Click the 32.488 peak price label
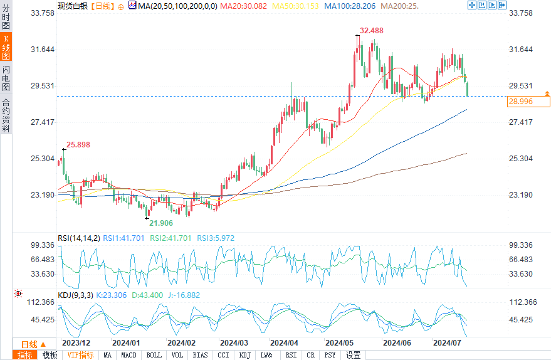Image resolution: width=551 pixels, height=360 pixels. [x=372, y=30]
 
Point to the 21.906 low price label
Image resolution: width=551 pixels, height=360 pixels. [x=160, y=223]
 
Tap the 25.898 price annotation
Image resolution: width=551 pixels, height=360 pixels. [x=78, y=144]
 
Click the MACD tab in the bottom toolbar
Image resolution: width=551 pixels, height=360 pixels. [x=129, y=355]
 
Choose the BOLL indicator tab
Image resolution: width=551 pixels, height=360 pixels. [x=154, y=355]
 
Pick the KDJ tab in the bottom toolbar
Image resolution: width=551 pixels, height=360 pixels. [x=244, y=355]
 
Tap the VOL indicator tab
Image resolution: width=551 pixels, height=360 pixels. [x=177, y=355]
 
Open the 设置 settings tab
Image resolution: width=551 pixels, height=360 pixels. [x=354, y=355]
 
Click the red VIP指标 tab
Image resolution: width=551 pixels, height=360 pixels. [x=80, y=355]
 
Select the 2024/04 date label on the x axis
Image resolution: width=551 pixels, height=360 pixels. [x=283, y=343]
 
